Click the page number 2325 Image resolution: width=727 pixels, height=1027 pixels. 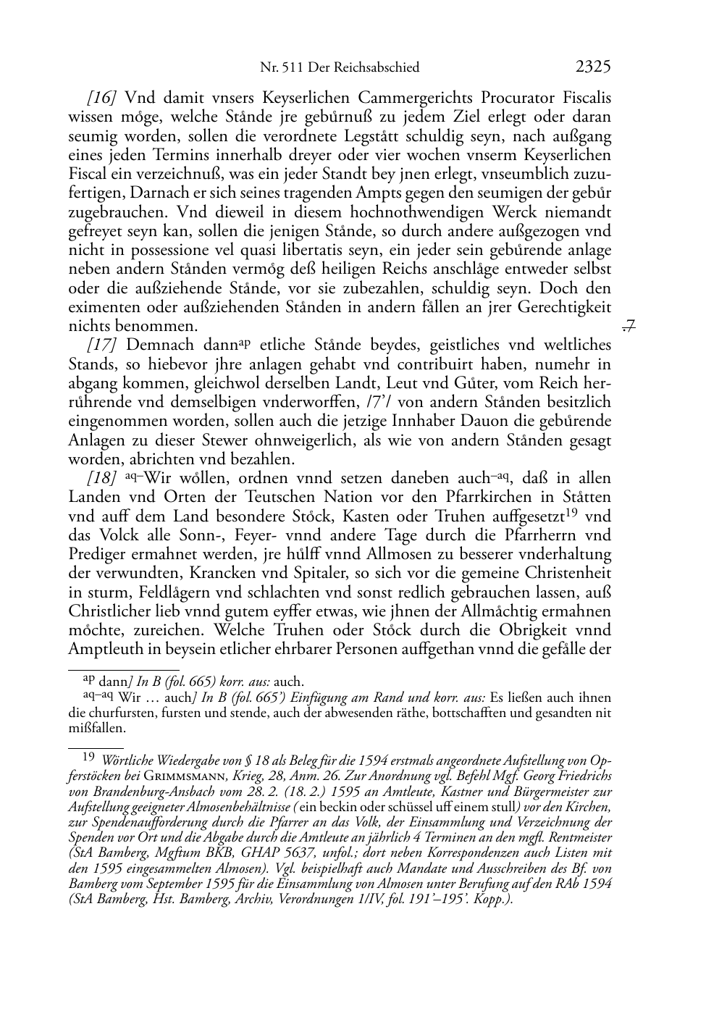pyautogui.click(x=593, y=67)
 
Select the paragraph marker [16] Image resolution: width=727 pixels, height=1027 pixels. pyautogui.click(x=102, y=98)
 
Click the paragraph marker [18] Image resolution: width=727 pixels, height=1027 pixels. pyautogui.click(x=102, y=479)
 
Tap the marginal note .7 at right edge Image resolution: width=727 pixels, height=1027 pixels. pyautogui.click(x=629, y=327)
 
